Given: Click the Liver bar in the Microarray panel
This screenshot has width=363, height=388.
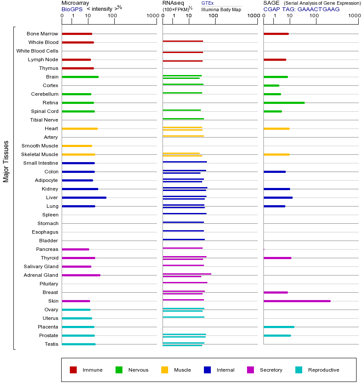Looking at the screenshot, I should (84, 197).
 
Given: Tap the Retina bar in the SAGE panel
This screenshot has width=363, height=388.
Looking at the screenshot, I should (284, 103).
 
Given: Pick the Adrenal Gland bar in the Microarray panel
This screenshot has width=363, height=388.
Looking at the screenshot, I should (81, 275).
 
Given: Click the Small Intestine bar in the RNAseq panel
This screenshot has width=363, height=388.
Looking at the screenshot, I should (185, 162).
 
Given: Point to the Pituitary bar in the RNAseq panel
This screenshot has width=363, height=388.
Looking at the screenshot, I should (185, 282).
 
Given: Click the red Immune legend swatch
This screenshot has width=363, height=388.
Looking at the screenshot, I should (73, 370).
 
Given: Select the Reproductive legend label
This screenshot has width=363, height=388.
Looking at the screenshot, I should (323, 370).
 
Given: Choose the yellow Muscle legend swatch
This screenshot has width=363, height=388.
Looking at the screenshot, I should (165, 370).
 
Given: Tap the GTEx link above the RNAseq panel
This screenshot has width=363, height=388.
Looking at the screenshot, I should (207, 3).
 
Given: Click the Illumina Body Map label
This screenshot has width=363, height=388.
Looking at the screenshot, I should (221, 9).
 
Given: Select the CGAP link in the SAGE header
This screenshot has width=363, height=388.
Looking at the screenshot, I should (272, 9).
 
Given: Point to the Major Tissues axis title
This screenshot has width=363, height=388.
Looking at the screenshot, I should (6, 161).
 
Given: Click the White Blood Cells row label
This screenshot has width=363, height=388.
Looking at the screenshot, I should (37, 51).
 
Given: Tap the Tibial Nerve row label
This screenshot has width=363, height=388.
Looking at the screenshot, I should (44, 120).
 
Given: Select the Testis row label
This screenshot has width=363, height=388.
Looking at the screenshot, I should (51, 344).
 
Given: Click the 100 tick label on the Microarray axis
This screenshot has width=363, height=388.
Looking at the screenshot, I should (113, 16).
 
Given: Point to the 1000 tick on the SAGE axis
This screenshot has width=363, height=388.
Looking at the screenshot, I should (354, 16).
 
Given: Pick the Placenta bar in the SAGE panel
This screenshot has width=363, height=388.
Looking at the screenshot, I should (279, 327).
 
